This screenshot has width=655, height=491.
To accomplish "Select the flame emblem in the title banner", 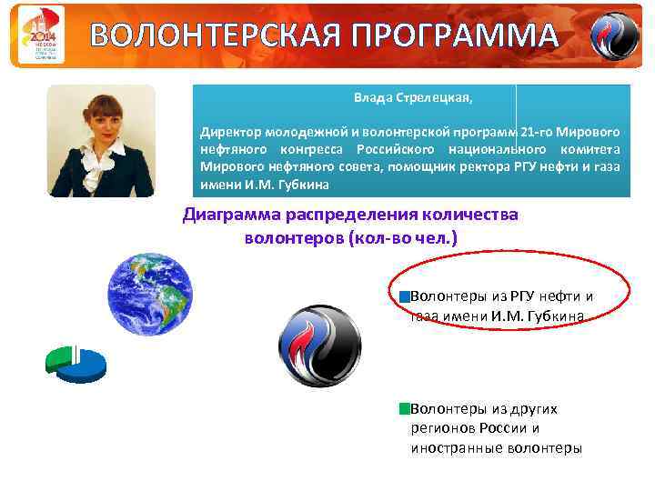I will pos(615,35).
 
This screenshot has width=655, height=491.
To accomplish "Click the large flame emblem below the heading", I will pos(318,345).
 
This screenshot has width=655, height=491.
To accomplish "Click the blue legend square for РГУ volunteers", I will pos(405,296).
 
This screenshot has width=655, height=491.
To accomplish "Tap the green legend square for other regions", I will pos(405,409).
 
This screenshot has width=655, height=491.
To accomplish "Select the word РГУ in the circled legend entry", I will pos(522,296).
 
